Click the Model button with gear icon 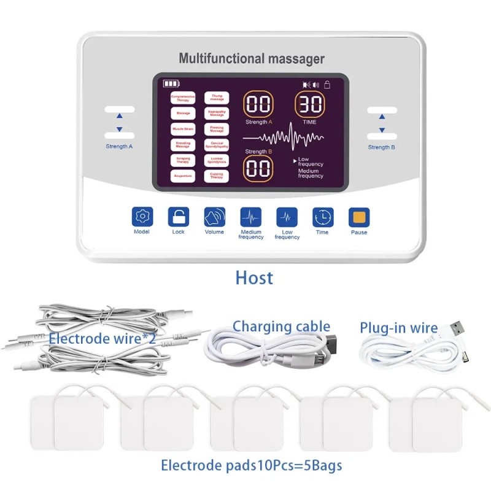[x=142, y=217]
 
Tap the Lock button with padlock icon [x=179, y=217]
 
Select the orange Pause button [x=359, y=217]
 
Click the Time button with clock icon [x=323, y=217]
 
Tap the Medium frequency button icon [x=250, y=217]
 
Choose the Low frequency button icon [x=287, y=217]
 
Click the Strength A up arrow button [x=119, y=115]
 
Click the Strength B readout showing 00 [x=258, y=168]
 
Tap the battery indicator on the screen [x=171, y=83]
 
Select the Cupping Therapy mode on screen [x=217, y=176]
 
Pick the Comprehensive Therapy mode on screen [x=183, y=98]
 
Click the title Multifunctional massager [x=252, y=59]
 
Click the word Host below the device [x=254, y=277]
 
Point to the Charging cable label [x=281, y=327]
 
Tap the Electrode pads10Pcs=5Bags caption [x=252, y=465]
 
